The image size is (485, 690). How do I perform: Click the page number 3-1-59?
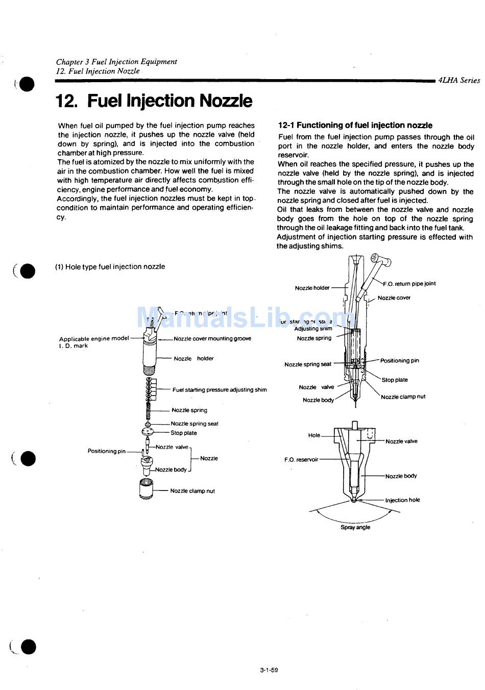tap(269, 670)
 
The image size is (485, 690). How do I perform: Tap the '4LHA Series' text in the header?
tap(459, 80)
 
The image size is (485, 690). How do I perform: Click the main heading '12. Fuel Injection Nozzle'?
tap(154, 101)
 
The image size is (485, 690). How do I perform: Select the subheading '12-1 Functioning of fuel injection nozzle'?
tap(355, 125)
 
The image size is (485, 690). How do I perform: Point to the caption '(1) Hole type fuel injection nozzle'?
tap(110, 266)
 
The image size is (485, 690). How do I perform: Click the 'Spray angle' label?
tap(355, 527)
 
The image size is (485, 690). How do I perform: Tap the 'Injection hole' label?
tap(402, 500)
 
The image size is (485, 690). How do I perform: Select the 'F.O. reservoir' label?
tap(301, 459)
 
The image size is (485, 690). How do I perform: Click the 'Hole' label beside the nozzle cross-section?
tap(314, 435)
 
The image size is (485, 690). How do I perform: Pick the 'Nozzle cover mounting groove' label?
tap(212, 338)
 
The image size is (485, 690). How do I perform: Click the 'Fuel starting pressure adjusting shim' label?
tap(220, 390)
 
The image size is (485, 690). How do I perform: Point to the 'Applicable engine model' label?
tap(94, 338)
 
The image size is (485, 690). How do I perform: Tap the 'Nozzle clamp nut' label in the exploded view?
tap(192, 491)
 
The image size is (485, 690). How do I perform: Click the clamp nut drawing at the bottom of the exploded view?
tap(146, 489)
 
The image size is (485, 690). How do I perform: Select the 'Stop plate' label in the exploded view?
tap(184, 433)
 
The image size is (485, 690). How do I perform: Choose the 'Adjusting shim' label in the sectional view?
tap(313, 329)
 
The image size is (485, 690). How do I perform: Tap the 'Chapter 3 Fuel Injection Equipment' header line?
tap(116, 62)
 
